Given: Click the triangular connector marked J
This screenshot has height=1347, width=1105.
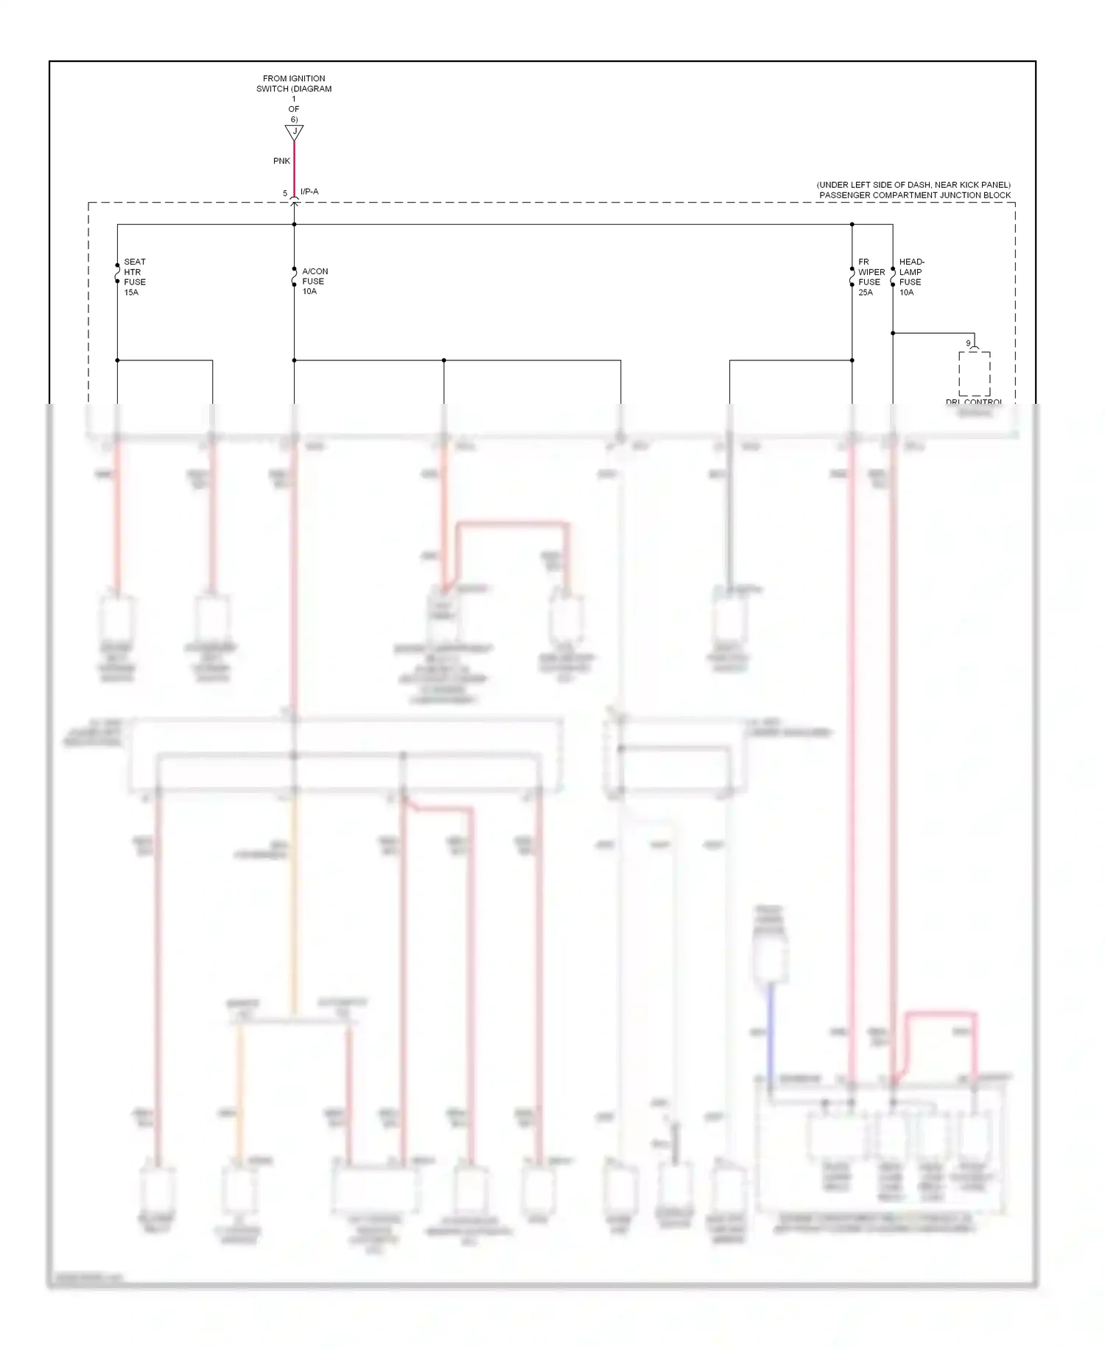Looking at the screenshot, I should (x=294, y=133).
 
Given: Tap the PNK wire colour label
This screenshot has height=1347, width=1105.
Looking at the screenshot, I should (x=281, y=161).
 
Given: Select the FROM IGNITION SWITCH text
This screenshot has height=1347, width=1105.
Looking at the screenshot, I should (x=294, y=83).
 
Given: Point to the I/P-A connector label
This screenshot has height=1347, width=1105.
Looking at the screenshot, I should (x=309, y=192).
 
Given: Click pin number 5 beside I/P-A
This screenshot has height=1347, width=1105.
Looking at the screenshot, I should (x=285, y=194).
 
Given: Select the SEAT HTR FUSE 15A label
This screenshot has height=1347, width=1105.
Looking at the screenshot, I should (x=135, y=277).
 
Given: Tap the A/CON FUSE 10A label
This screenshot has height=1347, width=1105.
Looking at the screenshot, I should (x=315, y=281).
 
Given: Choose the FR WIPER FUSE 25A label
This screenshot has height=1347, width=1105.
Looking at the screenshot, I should (x=871, y=277).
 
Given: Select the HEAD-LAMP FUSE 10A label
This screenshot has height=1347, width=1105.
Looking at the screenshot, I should (x=911, y=277).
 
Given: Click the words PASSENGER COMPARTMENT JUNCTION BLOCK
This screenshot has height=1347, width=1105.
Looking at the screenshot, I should (x=915, y=195).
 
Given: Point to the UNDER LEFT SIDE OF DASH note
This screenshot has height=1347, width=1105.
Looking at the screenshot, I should (x=913, y=185).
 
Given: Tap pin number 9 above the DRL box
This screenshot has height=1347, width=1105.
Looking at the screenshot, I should (x=968, y=343).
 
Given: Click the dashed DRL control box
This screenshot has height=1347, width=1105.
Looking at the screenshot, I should (x=974, y=374).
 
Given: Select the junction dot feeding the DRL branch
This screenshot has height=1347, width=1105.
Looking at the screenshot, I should (x=893, y=333).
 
